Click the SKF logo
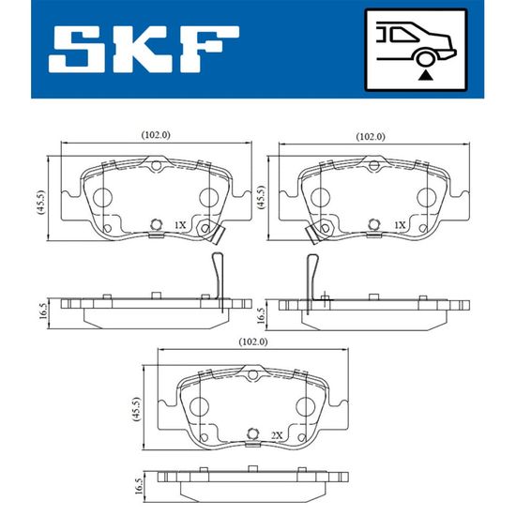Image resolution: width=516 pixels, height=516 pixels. [x=144, y=50]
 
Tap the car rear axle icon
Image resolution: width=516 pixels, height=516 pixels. [x=416, y=50]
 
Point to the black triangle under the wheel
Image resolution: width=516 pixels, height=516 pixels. [x=426, y=75]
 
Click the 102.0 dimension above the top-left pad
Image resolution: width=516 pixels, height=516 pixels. [x=156, y=134]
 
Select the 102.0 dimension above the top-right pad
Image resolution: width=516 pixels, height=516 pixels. [x=371, y=136]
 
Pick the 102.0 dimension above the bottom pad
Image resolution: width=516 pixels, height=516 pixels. [x=252, y=341]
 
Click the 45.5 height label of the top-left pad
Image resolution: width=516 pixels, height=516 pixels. [x=40, y=203]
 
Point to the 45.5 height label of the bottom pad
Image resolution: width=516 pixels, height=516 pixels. [x=136, y=409]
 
